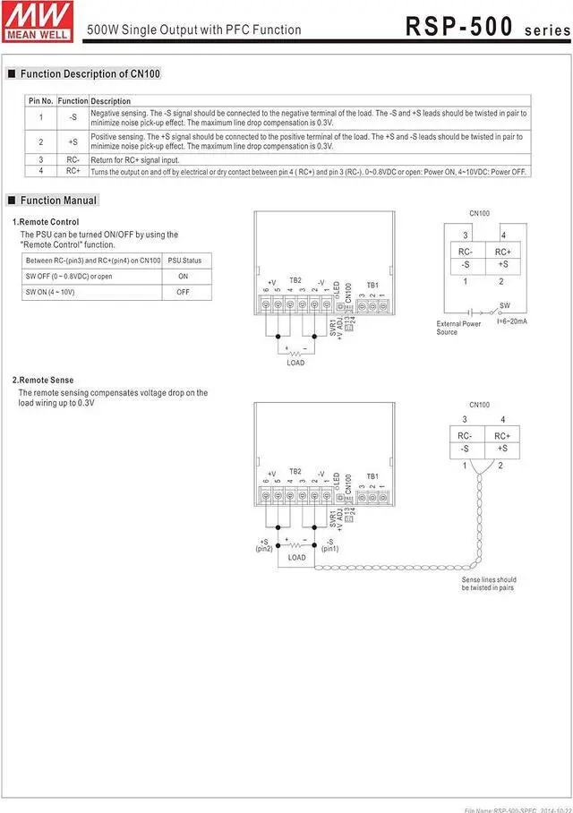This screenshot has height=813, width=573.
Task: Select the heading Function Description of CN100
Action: (90, 73)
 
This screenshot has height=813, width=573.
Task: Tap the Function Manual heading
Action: (58, 201)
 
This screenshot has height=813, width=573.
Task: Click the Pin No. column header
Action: (41, 101)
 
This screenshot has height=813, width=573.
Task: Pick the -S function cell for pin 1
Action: (73, 117)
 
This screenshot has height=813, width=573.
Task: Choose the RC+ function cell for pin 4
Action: (73, 170)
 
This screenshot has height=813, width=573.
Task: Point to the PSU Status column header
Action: (184, 261)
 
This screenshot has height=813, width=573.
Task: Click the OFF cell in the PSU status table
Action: (183, 292)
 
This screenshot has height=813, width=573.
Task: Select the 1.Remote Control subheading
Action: (46, 222)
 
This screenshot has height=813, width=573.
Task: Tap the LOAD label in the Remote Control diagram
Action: (295, 363)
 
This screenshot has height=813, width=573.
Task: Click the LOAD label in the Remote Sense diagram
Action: (296, 558)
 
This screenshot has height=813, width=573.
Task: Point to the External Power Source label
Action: (458, 328)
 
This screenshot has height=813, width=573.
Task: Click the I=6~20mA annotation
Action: (511, 321)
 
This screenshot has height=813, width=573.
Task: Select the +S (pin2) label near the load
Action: (264, 544)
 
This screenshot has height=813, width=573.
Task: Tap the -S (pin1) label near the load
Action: (329, 544)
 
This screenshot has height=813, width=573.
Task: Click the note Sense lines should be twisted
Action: (488, 584)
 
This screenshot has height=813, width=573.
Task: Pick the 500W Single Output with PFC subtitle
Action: (193, 30)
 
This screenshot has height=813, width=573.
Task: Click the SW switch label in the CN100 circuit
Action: (504, 305)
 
